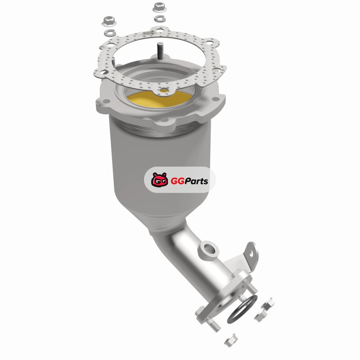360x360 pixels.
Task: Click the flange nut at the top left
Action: (x=109, y=21)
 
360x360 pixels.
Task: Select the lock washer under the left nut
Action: (x=110, y=32)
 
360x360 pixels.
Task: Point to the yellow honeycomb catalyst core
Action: (x=159, y=99)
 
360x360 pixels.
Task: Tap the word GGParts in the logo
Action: (x=189, y=181)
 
